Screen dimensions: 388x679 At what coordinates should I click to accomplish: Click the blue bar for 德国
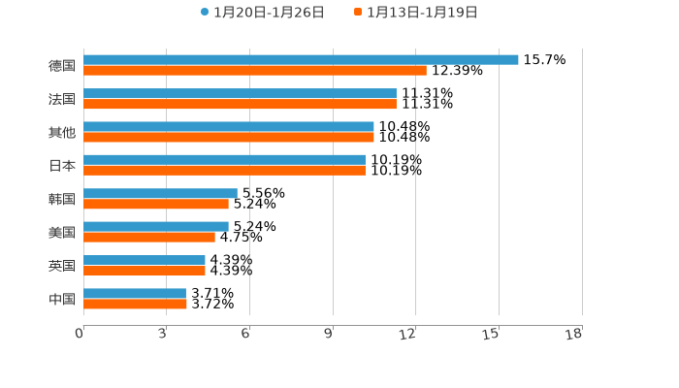point(301,59)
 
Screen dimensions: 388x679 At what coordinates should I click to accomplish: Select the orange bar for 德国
point(255,70)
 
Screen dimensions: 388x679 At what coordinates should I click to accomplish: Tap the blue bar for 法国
point(240,93)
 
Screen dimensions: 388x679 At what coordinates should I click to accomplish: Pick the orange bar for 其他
point(229,137)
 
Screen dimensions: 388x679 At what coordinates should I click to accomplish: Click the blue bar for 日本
point(224,159)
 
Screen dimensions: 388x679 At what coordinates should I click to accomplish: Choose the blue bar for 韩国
point(160,193)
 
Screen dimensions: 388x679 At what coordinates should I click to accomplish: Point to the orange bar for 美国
point(149,237)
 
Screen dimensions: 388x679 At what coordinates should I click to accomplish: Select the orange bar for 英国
point(145,271)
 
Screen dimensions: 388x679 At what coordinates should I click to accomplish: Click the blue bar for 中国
point(135,293)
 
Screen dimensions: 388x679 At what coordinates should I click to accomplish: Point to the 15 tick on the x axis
point(491,334)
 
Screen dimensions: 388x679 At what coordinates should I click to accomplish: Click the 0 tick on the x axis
point(80,334)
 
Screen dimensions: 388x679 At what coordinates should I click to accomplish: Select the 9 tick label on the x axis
point(329,334)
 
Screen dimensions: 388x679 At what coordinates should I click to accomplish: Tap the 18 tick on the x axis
point(574,334)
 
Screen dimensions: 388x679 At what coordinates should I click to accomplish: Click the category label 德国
point(62,65)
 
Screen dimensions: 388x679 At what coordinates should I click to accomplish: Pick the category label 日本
point(62,165)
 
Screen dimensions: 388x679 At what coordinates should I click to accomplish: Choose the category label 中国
point(62,299)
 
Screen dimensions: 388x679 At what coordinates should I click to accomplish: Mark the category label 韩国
point(62,199)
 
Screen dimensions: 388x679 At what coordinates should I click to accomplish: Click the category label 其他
point(62,132)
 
